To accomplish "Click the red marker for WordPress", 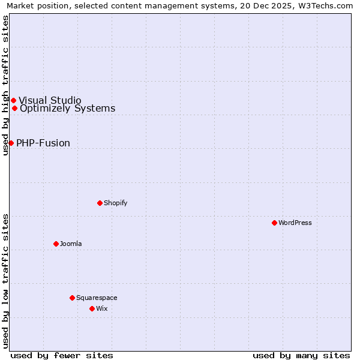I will [x=274, y=223].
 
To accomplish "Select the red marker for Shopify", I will [x=100, y=203].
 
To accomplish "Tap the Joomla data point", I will [x=56, y=244].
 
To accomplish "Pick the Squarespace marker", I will [x=72, y=298].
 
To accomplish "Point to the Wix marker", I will [x=92, y=308].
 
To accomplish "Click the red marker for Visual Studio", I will [x=13, y=100].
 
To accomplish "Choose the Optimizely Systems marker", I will [x=14, y=108].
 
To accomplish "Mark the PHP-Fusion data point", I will [x=11, y=143].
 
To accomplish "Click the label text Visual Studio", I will [x=50, y=100].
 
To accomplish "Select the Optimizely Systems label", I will [x=67, y=109].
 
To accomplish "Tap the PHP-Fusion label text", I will [x=43, y=143].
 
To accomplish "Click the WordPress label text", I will [x=295, y=223].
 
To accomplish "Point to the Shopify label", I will [x=115, y=203].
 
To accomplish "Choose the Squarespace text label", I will [x=97, y=298].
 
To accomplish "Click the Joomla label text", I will [x=71, y=244].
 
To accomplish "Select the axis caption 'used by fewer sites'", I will [x=62, y=355].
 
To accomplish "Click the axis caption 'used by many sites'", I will [x=301, y=355].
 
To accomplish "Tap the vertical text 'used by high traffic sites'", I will [x=5, y=85].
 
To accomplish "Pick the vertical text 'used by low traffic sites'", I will [x=5, y=280].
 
